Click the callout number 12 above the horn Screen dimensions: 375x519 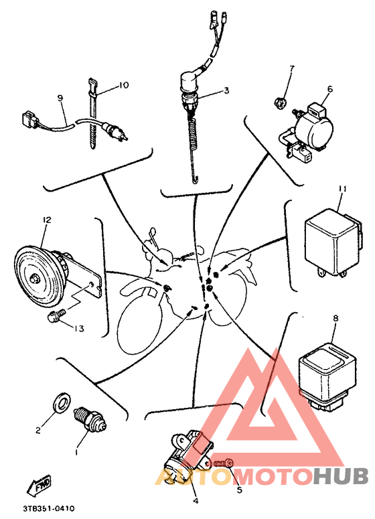click(x=47, y=220)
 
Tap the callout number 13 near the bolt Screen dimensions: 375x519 click(x=79, y=329)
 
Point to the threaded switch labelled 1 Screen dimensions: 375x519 click(x=90, y=420)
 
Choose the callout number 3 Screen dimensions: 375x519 click(x=226, y=90)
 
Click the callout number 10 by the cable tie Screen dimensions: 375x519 click(x=123, y=86)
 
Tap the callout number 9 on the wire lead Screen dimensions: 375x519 click(x=60, y=98)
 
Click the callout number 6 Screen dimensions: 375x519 click(x=330, y=89)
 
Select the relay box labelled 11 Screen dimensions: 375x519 click(x=333, y=242)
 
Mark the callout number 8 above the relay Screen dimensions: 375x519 click(x=335, y=319)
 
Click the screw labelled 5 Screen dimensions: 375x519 click(x=222, y=463)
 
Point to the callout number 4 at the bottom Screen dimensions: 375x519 click(x=196, y=501)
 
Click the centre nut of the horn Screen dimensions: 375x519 click(x=33, y=279)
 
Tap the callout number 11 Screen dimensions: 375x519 click(x=343, y=189)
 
